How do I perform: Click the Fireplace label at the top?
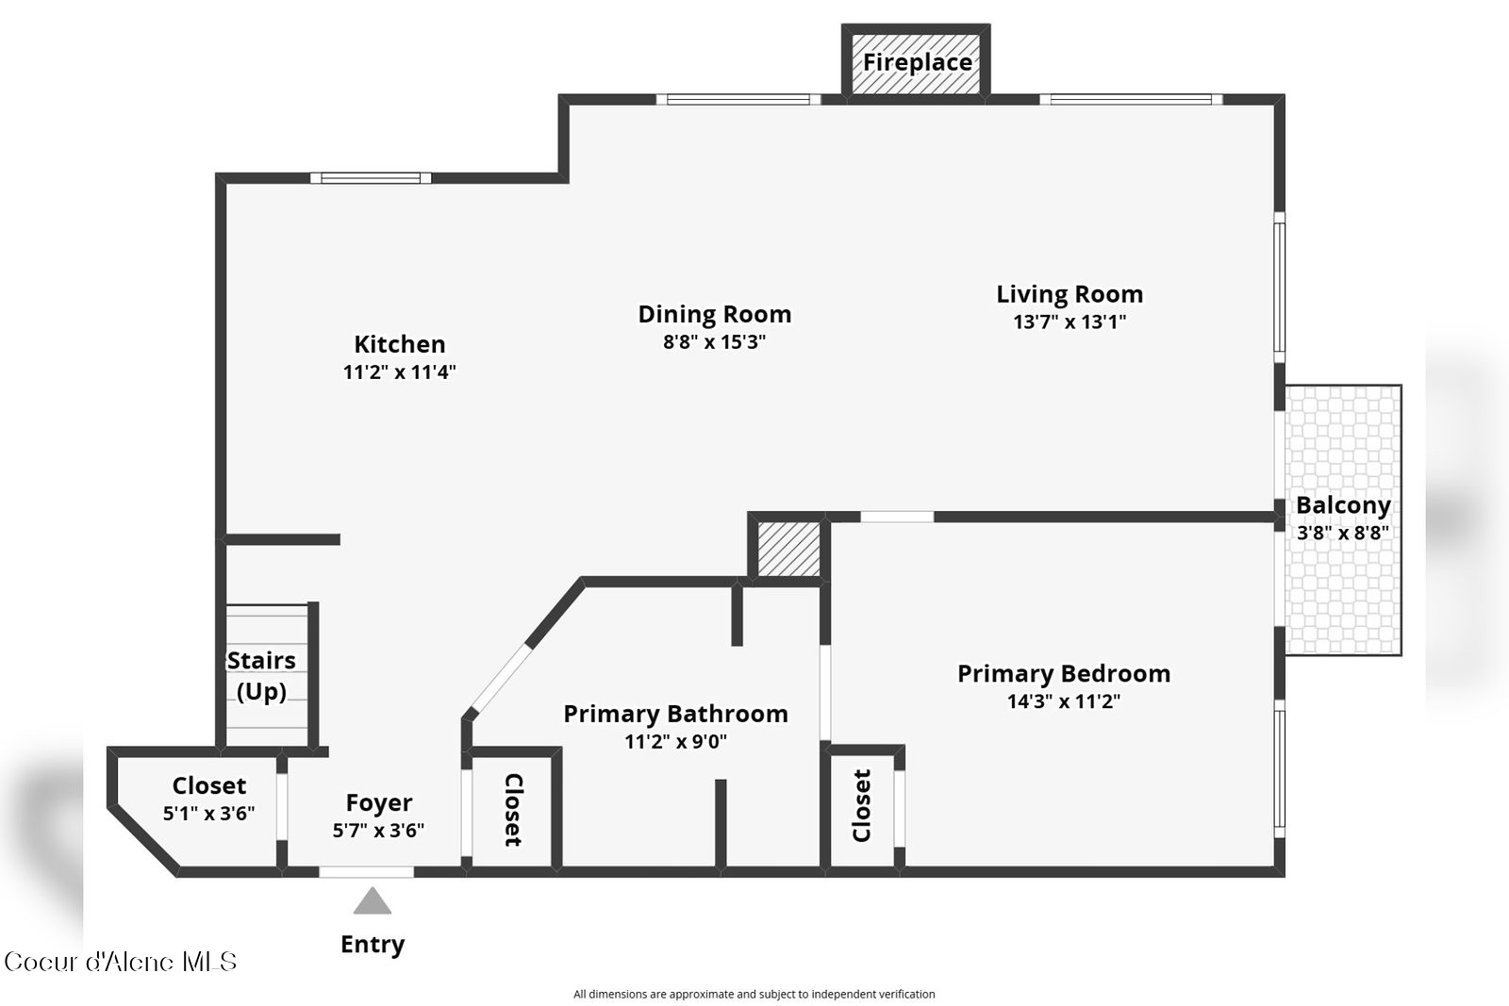point(918,62)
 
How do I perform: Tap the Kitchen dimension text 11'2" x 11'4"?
point(400,371)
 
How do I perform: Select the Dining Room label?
point(715,314)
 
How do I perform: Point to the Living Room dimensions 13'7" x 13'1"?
point(1070,322)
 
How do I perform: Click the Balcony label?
point(1343,505)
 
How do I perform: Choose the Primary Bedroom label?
point(1064,673)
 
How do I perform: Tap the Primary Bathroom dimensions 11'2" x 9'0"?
point(675,741)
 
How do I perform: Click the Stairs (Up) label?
point(261,676)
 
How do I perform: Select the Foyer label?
point(378,802)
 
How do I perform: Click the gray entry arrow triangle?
point(373,902)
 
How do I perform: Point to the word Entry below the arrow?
point(373,944)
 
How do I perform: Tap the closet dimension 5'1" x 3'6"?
point(208,814)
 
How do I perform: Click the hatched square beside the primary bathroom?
point(788,549)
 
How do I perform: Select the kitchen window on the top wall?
point(371,178)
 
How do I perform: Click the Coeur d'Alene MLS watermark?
point(120,962)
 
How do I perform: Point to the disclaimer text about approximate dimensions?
point(754,994)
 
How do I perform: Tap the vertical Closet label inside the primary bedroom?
point(862,805)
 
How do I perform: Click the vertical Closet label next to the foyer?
point(513,809)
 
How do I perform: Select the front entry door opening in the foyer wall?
point(367,872)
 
